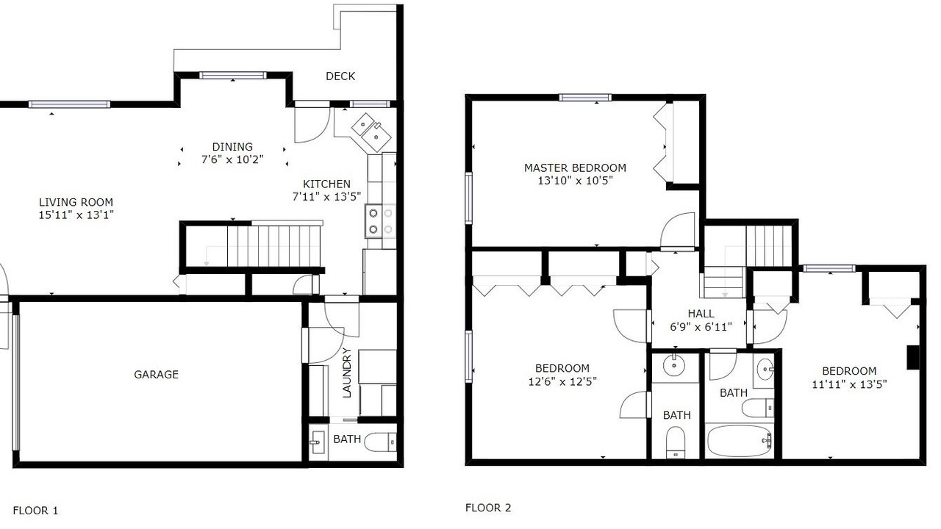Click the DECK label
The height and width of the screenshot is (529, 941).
(340, 76)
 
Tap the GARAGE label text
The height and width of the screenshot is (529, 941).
(157, 374)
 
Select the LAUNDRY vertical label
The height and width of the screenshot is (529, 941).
(347, 373)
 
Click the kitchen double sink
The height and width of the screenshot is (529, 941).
(371, 132)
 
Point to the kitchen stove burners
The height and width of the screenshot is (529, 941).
(380, 221)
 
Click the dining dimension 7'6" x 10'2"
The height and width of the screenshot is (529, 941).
(232, 159)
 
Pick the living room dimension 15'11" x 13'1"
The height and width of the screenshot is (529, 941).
(76, 215)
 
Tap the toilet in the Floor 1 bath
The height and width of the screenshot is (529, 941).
(380, 442)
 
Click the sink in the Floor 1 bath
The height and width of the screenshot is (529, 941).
(318, 442)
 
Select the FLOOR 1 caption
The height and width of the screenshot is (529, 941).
(36, 511)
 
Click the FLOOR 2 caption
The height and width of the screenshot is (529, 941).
(488, 508)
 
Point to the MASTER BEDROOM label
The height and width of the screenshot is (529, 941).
(575, 168)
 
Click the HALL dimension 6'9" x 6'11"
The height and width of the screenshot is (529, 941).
(701, 327)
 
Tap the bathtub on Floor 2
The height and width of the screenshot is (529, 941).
(740, 441)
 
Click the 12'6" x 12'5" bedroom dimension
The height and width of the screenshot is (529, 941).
(562, 381)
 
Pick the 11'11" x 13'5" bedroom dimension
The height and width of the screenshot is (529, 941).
(849, 384)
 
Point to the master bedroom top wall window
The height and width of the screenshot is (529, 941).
(585, 98)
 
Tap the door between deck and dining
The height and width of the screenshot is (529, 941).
(312, 122)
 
